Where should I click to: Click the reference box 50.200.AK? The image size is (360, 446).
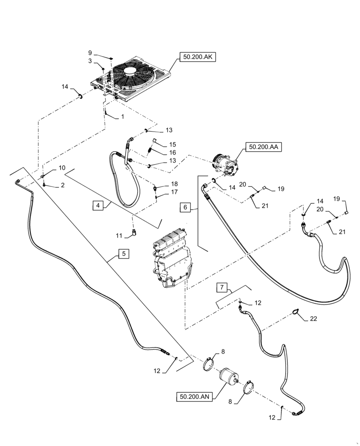coord(197,57)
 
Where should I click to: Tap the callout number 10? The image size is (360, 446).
coord(62,168)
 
